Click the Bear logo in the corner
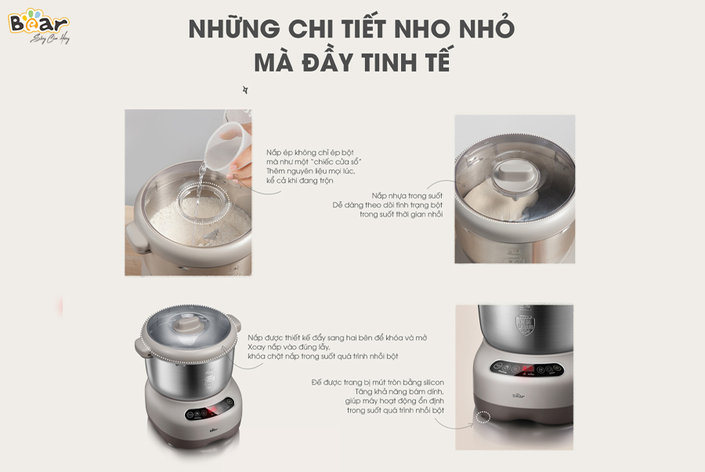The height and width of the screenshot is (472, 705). (39, 26)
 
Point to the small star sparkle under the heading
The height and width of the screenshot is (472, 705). (245, 90)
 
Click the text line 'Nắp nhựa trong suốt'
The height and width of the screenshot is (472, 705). (407, 196)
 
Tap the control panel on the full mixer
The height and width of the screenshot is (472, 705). (210, 411)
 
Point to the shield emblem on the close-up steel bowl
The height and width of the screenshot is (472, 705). (525, 324)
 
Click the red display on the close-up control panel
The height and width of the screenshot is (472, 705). (528, 369)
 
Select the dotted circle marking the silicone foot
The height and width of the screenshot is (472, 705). (484, 416)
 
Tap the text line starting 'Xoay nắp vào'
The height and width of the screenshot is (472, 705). (288, 348)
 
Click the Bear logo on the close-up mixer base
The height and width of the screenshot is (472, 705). (519, 395)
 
